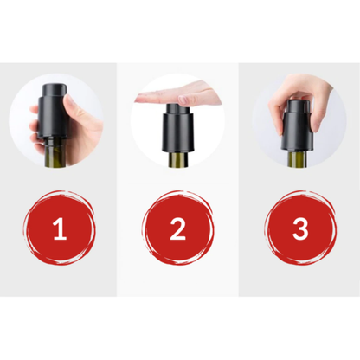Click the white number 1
pos(60,230)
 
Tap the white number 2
pos(178,230)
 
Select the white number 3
pos(299,230)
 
